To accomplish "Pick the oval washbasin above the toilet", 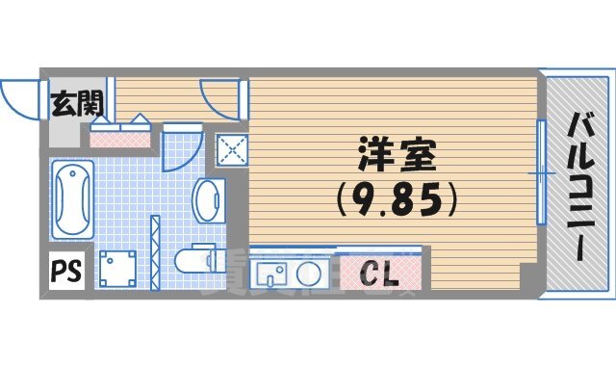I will coord(207,199).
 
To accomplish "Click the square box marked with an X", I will coord(231,148).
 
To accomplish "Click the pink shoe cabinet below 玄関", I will coord(120,134).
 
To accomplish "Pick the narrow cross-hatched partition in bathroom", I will coord(154,251).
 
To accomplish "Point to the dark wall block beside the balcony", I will coord(526,280).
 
